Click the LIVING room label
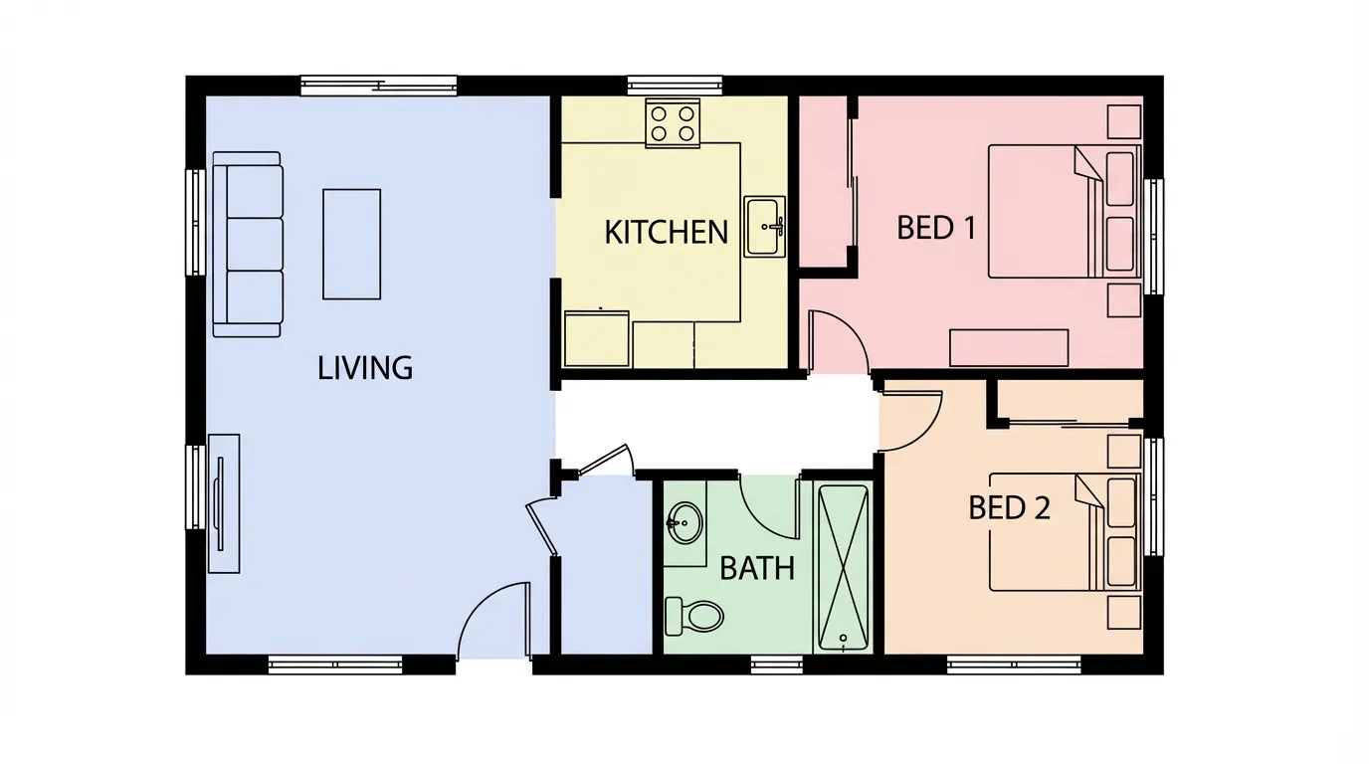(365, 368)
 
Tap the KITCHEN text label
(667, 233)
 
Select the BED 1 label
(936, 228)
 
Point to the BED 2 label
(1009, 508)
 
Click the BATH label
(757, 569)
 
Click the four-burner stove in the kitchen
(673, 123)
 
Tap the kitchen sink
(765, 227)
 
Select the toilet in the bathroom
(693, 615)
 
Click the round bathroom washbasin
(684, 522)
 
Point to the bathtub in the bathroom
(843, 568)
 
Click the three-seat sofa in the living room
(247, 244)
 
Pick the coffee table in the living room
(351, 244)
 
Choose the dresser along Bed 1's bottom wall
(1008, 348)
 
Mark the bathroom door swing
(770, 503)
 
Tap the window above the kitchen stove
(675, 86)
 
